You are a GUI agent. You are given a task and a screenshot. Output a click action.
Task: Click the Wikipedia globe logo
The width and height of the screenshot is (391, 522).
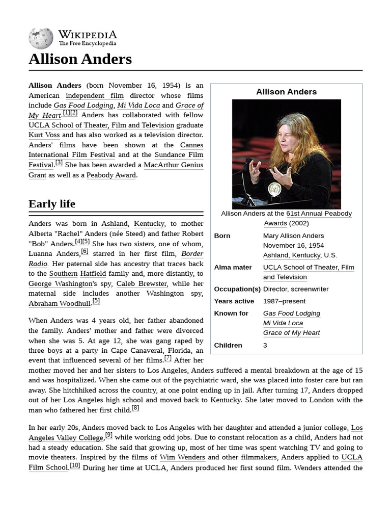(x=41, y=38)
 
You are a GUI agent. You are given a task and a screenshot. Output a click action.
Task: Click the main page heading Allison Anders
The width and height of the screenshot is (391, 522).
(x=80, y=59)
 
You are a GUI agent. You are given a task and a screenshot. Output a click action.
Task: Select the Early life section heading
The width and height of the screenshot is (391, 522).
(x=52, y=204)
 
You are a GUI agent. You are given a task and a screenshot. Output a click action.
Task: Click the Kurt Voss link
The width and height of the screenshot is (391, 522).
(x=44, y=135)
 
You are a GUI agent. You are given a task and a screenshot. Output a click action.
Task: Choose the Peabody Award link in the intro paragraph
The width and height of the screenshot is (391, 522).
(x=111, y=175)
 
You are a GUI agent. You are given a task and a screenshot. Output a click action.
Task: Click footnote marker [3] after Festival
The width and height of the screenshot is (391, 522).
(x=59, y=163)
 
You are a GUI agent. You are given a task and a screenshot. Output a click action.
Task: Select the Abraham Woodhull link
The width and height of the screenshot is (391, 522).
(x=59, y=303)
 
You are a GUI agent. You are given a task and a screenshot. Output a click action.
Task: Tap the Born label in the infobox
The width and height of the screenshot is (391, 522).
(x=222, y=236)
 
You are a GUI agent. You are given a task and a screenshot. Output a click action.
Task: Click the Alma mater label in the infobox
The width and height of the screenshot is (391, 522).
(x=233, y=267)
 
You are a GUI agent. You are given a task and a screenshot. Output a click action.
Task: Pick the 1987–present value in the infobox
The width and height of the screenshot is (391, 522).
(x=284, y=301)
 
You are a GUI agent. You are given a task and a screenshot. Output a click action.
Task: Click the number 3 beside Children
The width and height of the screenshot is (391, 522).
(x=265, y=345)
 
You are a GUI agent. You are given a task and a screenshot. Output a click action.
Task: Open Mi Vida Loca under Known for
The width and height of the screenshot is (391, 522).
(x=283, y=323)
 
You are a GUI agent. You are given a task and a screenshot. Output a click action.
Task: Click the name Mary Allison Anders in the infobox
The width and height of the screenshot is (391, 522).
(x=293, y=236)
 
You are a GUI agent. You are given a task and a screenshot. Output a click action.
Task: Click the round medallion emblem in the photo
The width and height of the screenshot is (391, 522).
(x=274, y=189)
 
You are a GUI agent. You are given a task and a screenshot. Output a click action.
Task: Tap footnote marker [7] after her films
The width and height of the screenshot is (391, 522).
(x=167, y=358)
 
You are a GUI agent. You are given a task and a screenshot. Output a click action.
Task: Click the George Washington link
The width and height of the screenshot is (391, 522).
(x=61, y=283)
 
